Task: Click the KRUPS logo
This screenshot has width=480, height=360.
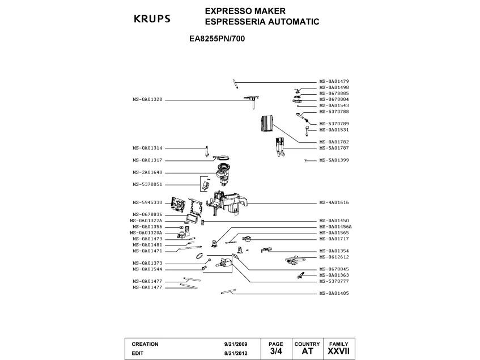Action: pos(152,19)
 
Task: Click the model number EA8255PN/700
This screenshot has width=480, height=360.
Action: pos(217,39)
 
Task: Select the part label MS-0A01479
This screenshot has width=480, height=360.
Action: pos(334,82)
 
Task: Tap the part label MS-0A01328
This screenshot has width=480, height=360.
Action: pos(147,99)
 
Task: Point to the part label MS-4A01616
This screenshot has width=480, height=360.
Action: pos(334,202)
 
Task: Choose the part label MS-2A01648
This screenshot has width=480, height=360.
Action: pos(147,172)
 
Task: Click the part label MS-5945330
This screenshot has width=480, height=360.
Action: pos(147,202)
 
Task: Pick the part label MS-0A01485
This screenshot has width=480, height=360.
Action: pos(334,293)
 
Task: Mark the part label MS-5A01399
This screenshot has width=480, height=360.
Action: pos(334,160)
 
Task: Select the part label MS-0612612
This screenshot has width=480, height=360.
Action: pos(334,257)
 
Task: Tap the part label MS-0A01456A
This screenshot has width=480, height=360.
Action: pos(335,227)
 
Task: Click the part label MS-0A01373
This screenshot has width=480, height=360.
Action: pos(147,263)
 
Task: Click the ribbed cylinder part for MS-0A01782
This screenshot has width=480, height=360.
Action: pos(266,124)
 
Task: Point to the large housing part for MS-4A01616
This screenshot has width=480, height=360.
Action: pos(227,202)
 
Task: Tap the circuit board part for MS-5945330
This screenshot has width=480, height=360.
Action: pos(177,205)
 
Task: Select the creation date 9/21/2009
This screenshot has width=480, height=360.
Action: pos(236,344)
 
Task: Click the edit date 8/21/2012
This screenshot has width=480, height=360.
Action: pos(236,353)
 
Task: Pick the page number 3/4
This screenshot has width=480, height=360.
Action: pos(276,351)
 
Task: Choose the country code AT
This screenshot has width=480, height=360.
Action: pos(307,351)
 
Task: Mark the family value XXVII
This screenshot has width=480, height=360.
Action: pos(338,351)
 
